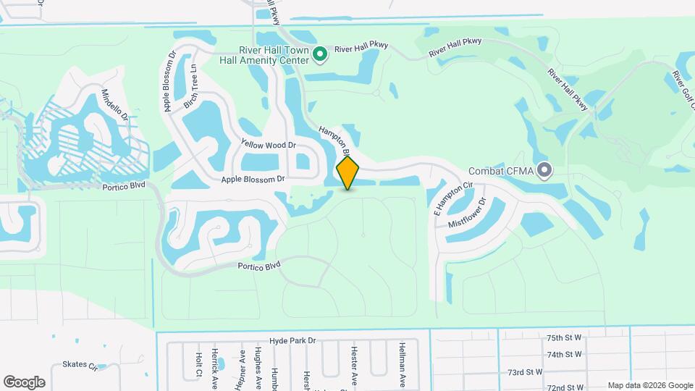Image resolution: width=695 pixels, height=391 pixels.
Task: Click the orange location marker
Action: [x=348, y=172]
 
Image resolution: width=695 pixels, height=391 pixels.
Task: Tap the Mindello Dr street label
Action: [x=114, y=105]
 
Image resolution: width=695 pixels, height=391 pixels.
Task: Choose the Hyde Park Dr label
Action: [x=293, y=340]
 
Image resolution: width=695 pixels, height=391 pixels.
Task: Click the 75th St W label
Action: [x=565, y=337]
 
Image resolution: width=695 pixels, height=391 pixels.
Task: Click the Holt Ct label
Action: [x=198, y=366]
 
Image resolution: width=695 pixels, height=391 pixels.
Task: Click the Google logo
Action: [x=24, y=382]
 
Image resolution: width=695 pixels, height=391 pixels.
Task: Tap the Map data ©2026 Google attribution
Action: [x=649, y=385]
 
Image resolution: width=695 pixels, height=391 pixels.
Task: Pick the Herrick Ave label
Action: [x=215, y=369]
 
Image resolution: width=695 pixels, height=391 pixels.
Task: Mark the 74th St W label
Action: [x=565, y=354]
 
